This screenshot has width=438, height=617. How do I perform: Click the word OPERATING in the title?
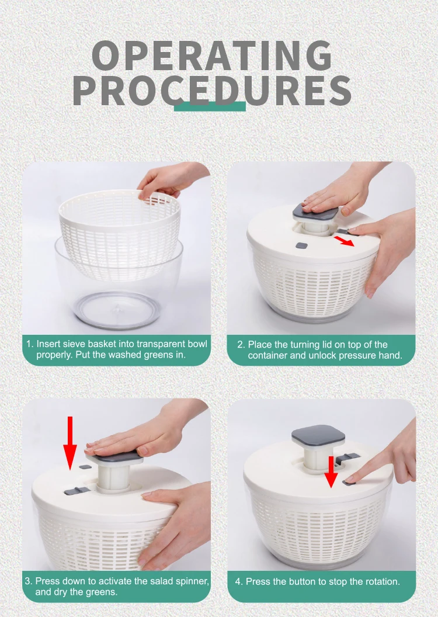coord(212,56)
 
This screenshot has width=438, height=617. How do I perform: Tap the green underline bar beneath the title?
coord(210,106)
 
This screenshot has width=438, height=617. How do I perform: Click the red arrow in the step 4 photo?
coord(331,472)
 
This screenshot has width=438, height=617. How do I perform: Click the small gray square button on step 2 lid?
coord(301,247)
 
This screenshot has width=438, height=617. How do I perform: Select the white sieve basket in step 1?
coord(120,234)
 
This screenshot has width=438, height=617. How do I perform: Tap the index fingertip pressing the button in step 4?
coord(352,480)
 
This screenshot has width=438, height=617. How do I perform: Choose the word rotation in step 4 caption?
coord(380,581)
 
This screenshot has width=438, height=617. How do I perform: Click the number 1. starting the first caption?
coord(30,344)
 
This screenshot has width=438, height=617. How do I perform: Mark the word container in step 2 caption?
coord(267,355)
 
